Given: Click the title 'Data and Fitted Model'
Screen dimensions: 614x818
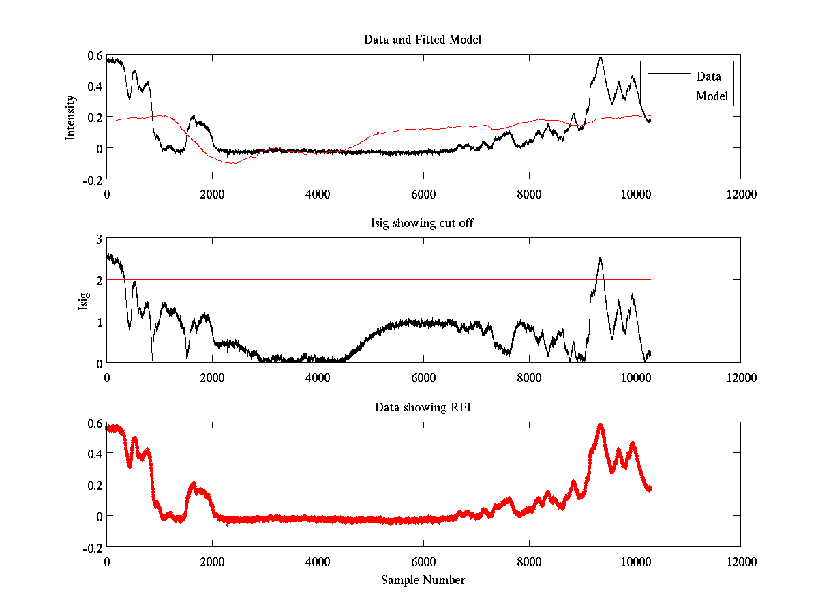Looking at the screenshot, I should pos(423,40).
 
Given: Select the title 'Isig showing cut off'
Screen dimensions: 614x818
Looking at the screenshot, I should pos(423,224).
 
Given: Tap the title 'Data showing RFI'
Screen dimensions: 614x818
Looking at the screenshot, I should pos(423,407).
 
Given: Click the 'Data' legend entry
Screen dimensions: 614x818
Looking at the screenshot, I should pos(708,76).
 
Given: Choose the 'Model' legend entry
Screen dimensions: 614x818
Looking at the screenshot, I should pos(712,96).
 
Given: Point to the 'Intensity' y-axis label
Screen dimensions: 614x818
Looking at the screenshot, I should pos(70,117).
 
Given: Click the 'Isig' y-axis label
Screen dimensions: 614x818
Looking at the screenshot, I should pos(83,301).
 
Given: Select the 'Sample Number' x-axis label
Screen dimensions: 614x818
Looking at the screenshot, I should pos(423,580).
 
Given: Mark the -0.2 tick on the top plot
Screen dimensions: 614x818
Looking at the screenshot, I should pos(93,179).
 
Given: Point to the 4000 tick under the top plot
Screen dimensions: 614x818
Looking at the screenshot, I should pos(318,194).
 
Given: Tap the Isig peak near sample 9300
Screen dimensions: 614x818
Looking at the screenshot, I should pos(600,258).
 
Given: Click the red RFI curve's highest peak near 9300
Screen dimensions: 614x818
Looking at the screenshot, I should pos(601,425).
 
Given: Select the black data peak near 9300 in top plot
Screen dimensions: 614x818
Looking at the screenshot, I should pos(601,57).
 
